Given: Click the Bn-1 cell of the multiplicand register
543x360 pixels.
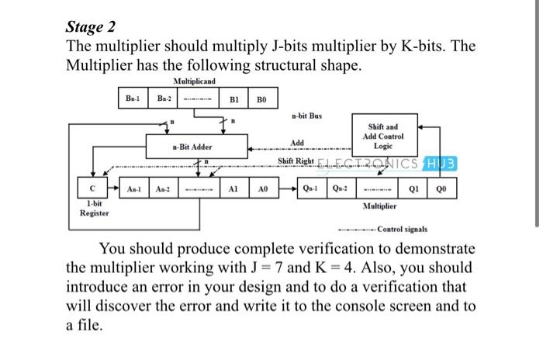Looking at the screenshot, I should (x=133, y=99).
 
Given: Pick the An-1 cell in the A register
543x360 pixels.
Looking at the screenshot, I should (x=134, y=189).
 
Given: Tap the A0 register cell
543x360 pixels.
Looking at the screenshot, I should (x=264, y=189).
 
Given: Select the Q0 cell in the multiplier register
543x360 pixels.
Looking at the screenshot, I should (x=444, y=189).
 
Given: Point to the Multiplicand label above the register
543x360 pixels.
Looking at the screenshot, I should (x=194, y=81).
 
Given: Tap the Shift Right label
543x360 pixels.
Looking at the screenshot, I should (x=296, y=161).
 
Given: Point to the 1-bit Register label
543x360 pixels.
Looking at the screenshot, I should (x=94, y=207).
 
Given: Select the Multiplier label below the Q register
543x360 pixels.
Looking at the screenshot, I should (x=379, y=207).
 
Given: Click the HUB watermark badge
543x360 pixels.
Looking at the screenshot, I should (x=441, y=162).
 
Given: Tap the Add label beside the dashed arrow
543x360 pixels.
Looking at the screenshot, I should (x=297, y=143).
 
